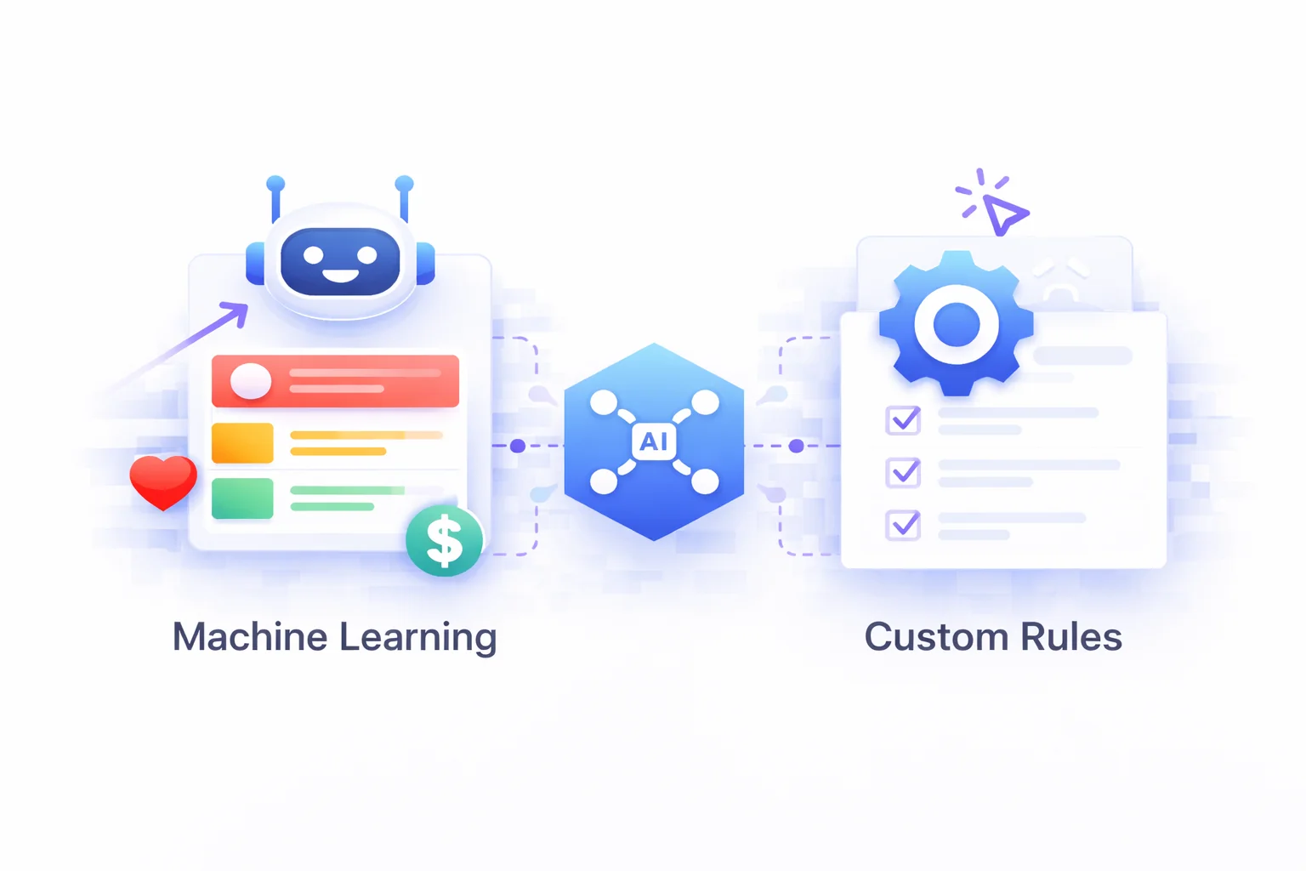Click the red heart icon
click(x=163, y=481)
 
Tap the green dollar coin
click(x=444, y=541)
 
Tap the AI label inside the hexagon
click(x=654, y=442)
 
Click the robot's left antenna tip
click(x=275, y=184)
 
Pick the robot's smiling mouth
click(x=340, y=276)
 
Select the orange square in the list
click(x=242, y=443)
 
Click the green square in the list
click(x=242, y=498)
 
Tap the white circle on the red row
click(x=250, y=381)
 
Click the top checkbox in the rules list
click(x=903, y=420)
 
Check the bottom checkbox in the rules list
click(x=903, y=525)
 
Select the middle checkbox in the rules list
click(x=903, y=472)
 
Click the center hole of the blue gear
click(x=957, y=324)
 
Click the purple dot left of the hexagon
click(x=518, y=446)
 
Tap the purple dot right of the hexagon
click(x=796, y=446)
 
